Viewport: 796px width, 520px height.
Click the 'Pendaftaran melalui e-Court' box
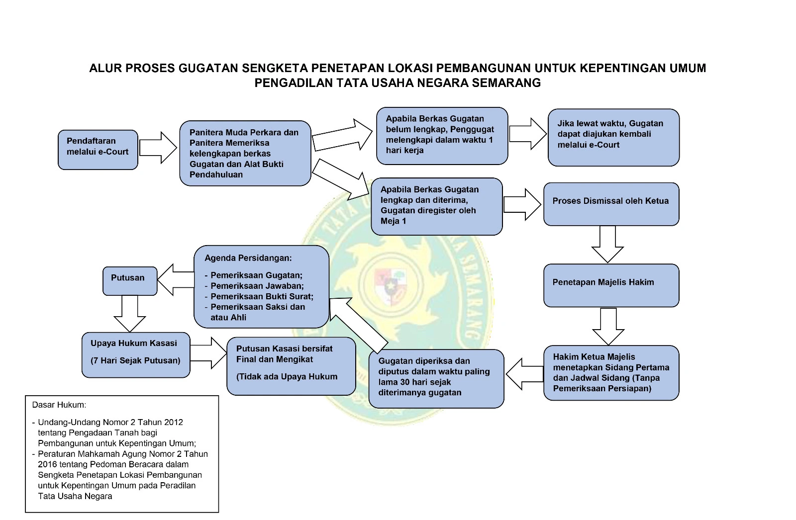pyautogui.click(x=98, y=150)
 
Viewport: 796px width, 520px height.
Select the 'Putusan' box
pyautogui.click(x=130, y=281)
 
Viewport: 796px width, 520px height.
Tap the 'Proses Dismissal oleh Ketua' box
pyautogui.click(x=611, y=204)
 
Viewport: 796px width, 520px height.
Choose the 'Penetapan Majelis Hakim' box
pyautogui.click(x=611, y=285)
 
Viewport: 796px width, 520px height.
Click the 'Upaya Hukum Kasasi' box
pyautogui.click(x=136, y=354)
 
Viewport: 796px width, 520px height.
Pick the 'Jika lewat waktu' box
pyautogui.click(x=613, y=137)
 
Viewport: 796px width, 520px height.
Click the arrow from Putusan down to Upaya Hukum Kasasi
pyautogui.click(x=130, y=313)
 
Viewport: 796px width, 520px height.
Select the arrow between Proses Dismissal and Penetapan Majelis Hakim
pyautogui.click(x=607, y=244)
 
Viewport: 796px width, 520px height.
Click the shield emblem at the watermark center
pyautogui.click(x=391, y=285)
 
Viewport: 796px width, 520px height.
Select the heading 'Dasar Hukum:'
pyautogui.click(x=59, y=405)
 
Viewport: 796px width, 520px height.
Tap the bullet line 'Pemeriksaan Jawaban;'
pyautogui.click(x=257, y=286)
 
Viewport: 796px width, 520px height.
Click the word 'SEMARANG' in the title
pyautogui.click(x=506, y=83)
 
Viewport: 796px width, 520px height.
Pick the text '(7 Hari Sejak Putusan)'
pyautogui.click(x=135, y=360)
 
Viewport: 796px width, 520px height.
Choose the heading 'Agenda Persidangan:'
pyautogui.click(x=248, y=258)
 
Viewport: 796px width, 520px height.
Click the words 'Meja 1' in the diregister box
pyautogui.click(x=394, y=221)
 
